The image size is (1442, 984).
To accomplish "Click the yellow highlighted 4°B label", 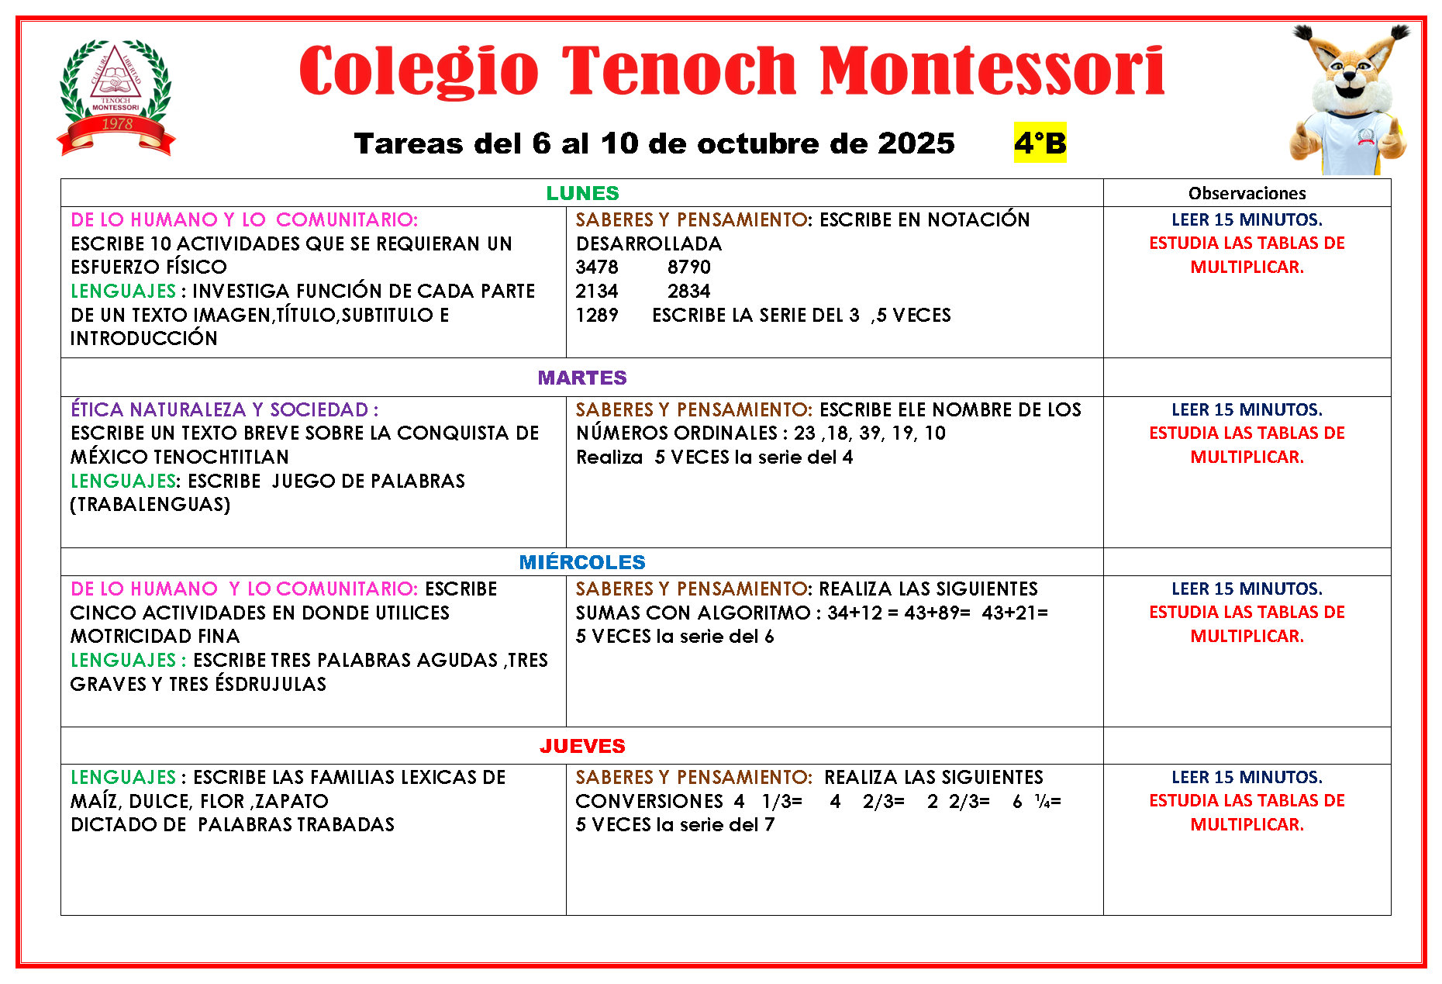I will point(1040,143).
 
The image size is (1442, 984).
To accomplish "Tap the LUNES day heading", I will point(582,193).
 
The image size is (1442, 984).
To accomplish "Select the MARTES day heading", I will point(582,378).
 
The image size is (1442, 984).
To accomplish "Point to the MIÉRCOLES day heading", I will point(582,562).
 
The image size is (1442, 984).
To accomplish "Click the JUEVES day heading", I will point(582,746).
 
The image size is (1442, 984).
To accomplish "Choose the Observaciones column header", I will point(1247,193).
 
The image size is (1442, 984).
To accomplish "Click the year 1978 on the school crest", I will point(117,124).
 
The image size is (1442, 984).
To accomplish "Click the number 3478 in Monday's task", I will point(597,268).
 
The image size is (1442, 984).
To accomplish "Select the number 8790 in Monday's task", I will point(688,268).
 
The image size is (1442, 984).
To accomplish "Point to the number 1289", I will point(597,316).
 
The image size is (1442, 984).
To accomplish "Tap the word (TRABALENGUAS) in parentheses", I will point(150,505).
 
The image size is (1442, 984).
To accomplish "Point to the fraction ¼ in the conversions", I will point(1042,801).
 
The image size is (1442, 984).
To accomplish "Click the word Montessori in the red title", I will point(992,71).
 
